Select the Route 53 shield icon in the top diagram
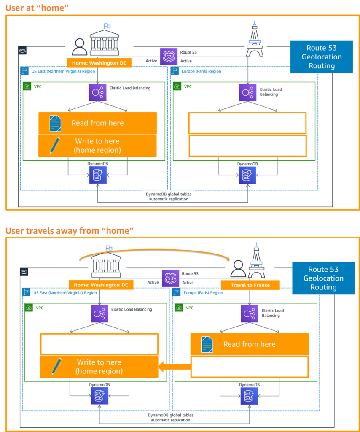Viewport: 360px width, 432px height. [x=169, y=57]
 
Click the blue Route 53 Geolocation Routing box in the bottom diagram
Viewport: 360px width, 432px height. [x=323, y=278]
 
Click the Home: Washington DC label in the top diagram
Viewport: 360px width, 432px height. [x=99, y=63]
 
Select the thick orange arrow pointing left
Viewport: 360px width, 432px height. [x=174, y=366]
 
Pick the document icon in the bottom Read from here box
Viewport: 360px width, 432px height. [x=207, y=344]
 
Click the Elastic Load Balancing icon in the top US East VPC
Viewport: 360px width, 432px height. [x=98, y=92]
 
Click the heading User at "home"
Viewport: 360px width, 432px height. [x=37, y=7]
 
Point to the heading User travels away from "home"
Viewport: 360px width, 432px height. [x=70, y=231]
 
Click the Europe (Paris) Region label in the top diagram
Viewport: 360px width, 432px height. [x=201, y=71]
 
